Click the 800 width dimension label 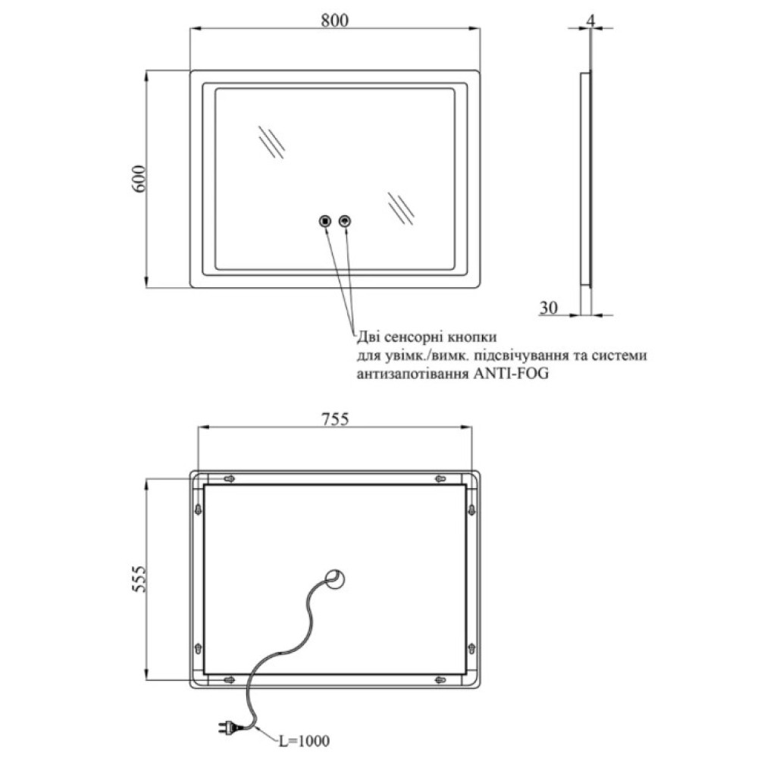tap(334, 20)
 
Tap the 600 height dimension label tap(139, 179)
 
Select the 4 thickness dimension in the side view tap(590, 20)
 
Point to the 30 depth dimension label tap(548, 308)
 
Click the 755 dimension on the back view tap(335, 418)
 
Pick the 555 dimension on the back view tap(138, 578)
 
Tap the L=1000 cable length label tap(304, 740)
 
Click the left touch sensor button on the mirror tap(325, 221)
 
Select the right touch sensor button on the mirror tap(345, 221)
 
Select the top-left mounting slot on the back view tap(230, 478)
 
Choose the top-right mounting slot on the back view tap(440, 478)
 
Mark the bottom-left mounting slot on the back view tap(230, 680)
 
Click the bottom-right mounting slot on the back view tap(440, 680)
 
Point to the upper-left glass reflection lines tap(271, 142)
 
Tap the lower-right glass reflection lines tap(401, 208)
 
